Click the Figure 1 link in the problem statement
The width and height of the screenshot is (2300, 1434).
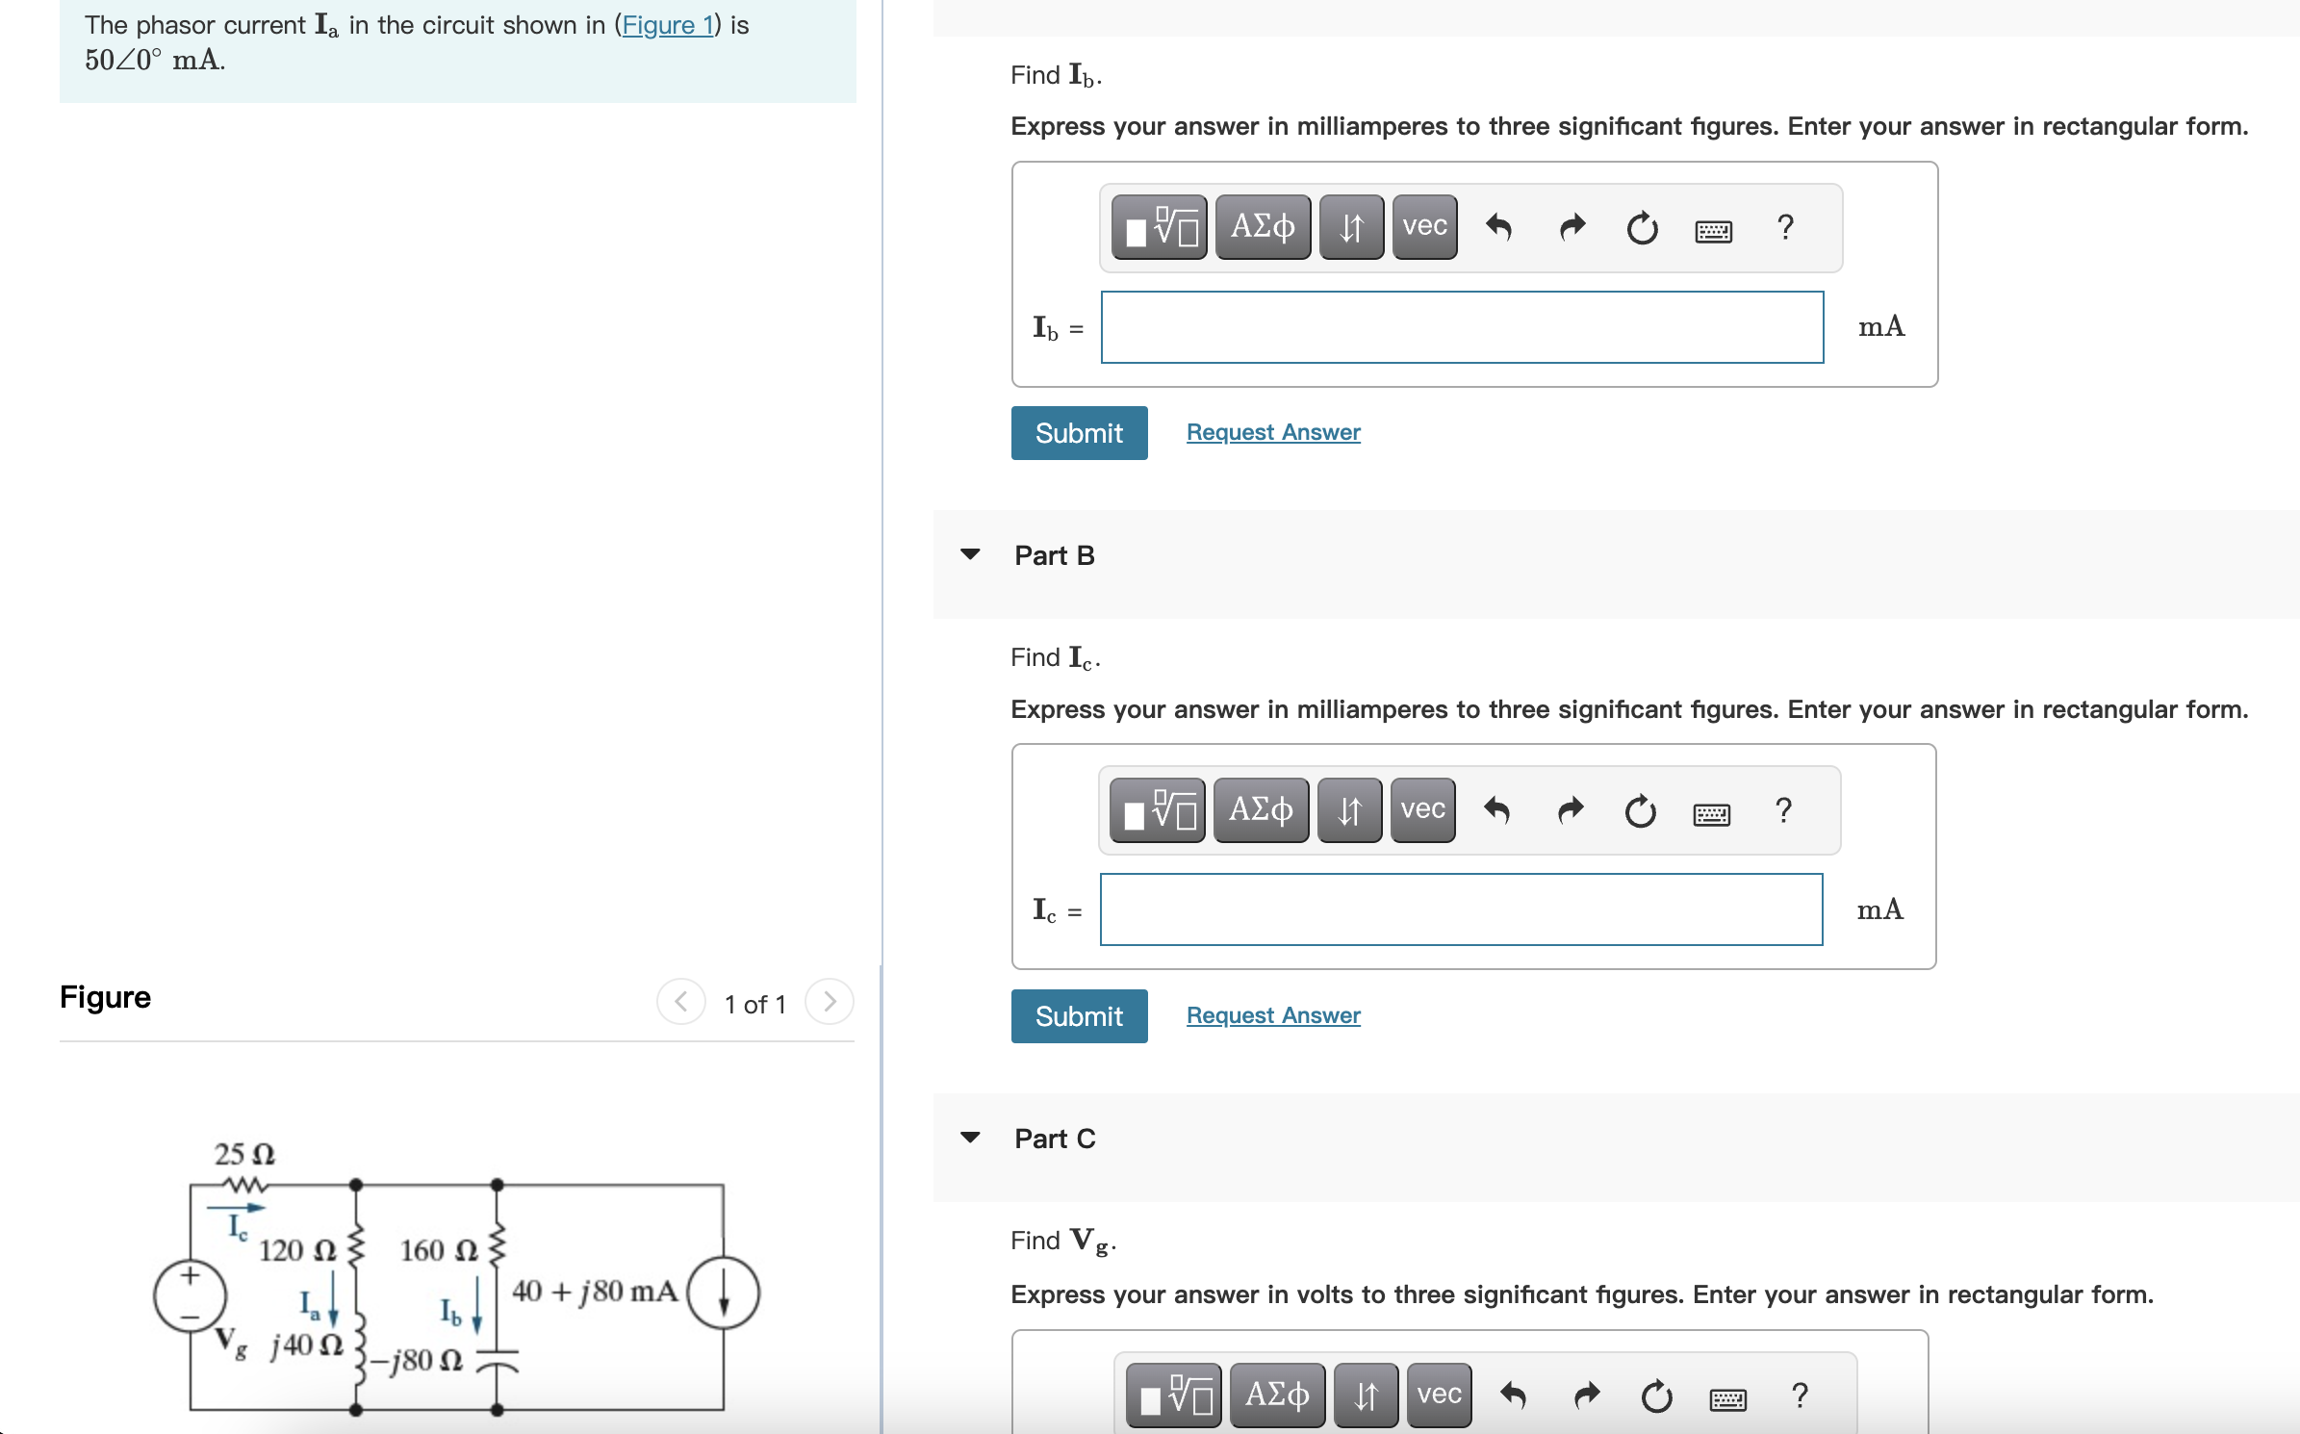667,25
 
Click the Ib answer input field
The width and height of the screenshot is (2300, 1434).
1461,327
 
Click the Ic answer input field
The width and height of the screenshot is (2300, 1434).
1460,909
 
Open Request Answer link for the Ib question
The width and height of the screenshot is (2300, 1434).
1272,432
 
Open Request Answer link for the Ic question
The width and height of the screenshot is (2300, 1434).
1272,1015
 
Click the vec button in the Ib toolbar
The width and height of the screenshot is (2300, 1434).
1423,227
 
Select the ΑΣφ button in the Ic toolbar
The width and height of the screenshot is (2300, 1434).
1260,810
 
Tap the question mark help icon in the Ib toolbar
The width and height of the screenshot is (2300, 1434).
1784,227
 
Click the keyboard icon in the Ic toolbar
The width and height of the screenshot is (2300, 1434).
1710,814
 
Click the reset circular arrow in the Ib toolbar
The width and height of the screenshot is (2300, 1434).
1641,229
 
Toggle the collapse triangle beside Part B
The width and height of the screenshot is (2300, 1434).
970,554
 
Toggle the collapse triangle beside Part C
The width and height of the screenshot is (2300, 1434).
970,1138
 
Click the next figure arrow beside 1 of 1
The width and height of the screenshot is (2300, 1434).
829,1003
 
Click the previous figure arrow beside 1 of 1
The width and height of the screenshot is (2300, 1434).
680,1003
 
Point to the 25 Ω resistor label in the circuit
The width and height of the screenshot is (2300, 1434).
244,1154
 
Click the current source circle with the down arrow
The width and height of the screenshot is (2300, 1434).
723,1293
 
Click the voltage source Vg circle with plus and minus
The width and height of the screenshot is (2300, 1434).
190,1295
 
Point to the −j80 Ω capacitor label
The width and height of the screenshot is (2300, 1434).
418,1360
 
